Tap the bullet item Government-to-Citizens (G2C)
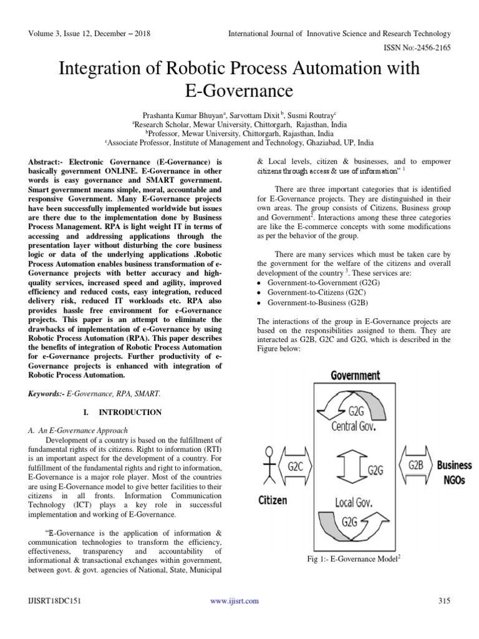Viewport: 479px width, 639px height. coord(317,292)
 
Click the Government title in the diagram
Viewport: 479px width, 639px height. coord(354,375)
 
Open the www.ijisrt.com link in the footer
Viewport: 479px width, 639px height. coord(235,601)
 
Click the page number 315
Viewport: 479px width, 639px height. coord(444,601)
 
